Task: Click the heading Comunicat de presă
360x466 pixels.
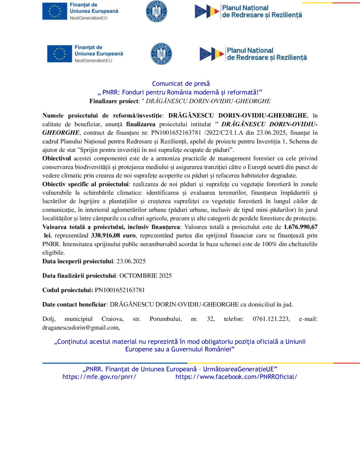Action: [181, 84]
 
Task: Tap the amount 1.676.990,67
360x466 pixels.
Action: [301, 227]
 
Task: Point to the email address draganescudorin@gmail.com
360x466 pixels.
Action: [81, 327]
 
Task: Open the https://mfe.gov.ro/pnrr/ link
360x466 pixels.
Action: [99, 377]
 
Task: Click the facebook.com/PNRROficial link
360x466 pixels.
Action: [236, 377]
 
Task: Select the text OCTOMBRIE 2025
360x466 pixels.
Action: [145, 276]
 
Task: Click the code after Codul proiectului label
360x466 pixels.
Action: [120, 290]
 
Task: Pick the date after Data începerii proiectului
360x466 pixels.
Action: [131, 261]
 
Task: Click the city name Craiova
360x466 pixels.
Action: [112, 319]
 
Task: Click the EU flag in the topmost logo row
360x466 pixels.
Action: [55, 11]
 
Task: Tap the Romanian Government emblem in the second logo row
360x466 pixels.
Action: [161, 54]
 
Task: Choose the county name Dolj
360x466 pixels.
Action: [49, 319]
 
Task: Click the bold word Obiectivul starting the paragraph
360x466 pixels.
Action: [57, 158]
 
